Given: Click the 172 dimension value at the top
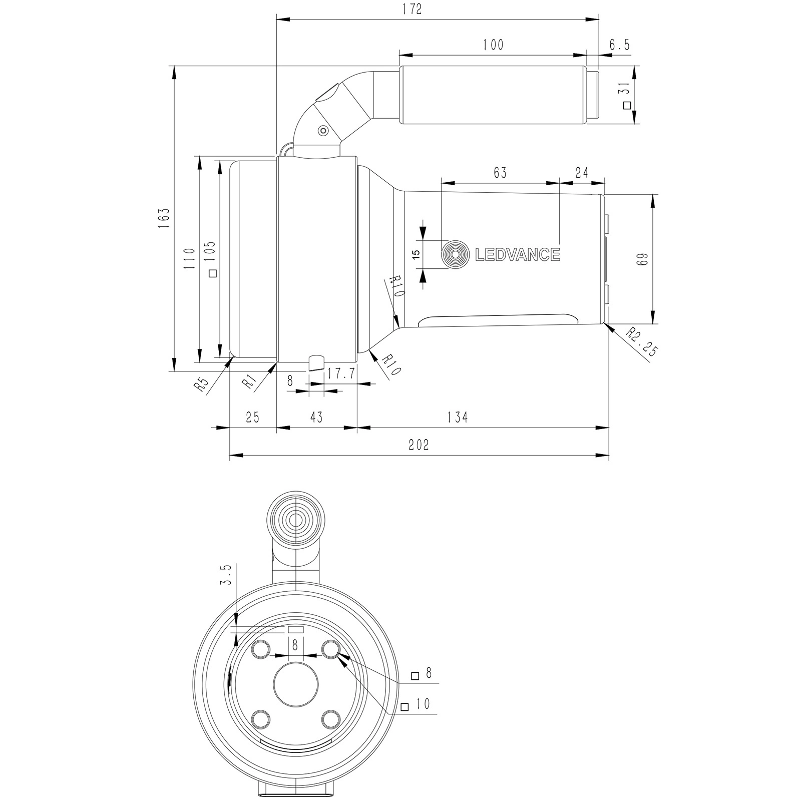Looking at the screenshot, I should (412, 10).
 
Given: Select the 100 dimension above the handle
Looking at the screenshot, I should (493, 45).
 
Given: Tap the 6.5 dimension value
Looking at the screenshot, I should (619, 45).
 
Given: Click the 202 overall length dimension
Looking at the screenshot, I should (419, 445).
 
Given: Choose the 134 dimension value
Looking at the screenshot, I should (458, 417).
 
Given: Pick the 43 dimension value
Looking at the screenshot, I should (316, 417).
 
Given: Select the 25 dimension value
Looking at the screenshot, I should (252, 417).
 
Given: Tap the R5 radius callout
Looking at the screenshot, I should (201, 385).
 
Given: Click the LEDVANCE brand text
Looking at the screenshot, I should (517, 255).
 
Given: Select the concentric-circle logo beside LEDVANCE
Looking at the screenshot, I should (455, 255).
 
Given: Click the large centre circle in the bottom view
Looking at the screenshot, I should (296, 684).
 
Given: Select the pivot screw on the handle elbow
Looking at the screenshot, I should (323, 131).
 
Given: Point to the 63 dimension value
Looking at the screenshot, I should (500, 173).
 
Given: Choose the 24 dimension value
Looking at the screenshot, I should (582, 173).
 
